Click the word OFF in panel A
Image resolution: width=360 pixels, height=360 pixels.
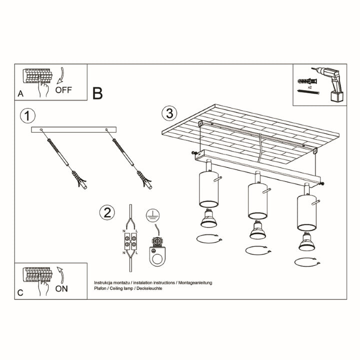pyautogui.click(x=64, y=90)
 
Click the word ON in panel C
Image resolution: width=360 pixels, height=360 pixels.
pyautogui.click(x=62, y=288)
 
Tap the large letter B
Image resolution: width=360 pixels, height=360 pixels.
pyautogui.click(x=97, y=93)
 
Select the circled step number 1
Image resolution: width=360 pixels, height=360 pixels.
pyautogui.click(x=28, y=115)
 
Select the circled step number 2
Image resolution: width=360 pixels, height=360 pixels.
pyautogui.click(x=105, y=212)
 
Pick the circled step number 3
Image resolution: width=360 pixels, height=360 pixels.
pyautogui.click(x=169, y=113)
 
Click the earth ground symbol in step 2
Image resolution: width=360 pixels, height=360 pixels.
pyautogui.click(x=152, y=215)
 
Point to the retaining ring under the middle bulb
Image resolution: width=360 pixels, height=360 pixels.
pyautogui.click(x=255, y=249)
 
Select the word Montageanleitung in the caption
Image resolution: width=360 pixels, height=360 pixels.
pyautogui.click(x=195, y=282)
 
